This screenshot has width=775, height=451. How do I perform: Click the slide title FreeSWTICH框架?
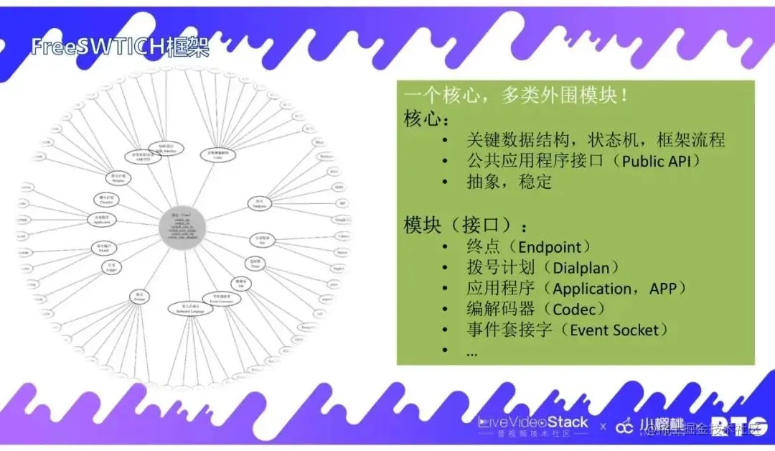point(121,47)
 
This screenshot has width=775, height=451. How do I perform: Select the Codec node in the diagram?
point(218,153)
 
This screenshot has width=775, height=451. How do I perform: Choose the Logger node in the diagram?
point(112,267)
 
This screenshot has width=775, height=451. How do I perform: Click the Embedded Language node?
point(191,309)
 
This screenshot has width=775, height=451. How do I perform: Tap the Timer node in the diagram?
point(255,263)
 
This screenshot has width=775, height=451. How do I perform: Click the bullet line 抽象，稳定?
point(509,182)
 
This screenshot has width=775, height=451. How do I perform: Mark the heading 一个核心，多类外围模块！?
point(517,96)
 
